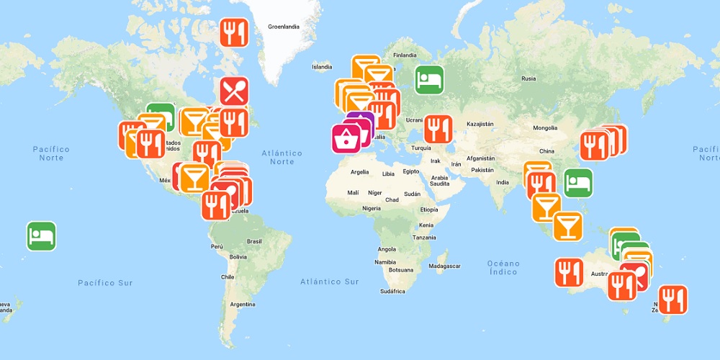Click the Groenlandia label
[x=283, y=27]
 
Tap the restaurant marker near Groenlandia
[x=234, y=32]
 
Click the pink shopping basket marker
[x=346, y=139]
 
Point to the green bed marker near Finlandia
[x=429, y=79]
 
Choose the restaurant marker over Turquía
[x=438, y=129]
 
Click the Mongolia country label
[x=545, y=128]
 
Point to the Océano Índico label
[x=503, y=266]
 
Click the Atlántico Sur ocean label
[x=329, y=282]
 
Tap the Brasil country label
[x=254, y=241]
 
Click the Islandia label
[x=322, y=67]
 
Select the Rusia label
[x=528, y=78]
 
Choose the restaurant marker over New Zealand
[x=672, y=300]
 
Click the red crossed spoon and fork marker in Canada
[x=234, y=91]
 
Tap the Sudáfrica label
[x=392, y=291]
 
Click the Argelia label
[x=359, y=172]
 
